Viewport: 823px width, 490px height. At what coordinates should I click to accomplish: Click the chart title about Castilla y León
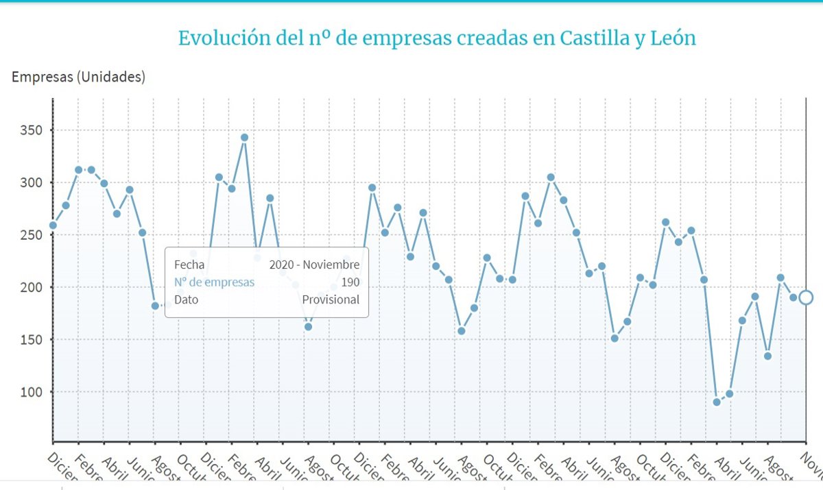pos(437,38)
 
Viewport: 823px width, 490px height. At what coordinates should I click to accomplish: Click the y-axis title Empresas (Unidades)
pos(78,77)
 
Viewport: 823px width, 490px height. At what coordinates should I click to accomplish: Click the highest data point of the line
pos(244,138)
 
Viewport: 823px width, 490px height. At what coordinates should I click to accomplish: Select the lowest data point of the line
pos(717,402)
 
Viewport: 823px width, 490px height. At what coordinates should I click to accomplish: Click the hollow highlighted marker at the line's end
pos(806,297)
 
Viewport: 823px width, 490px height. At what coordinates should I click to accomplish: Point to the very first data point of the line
pos(53,225)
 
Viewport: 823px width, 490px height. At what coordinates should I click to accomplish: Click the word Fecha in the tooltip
pos(189,265)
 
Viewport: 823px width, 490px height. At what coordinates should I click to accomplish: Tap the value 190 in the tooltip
pos(350,282)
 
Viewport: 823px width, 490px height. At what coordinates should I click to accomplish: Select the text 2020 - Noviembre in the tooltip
pos(314,265)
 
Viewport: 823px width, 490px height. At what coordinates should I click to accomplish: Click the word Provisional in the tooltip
pos(331,299)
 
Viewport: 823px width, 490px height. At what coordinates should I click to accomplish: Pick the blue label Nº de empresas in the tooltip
pos(214,282)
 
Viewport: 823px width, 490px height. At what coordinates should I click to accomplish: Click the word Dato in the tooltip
pos(187,299)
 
